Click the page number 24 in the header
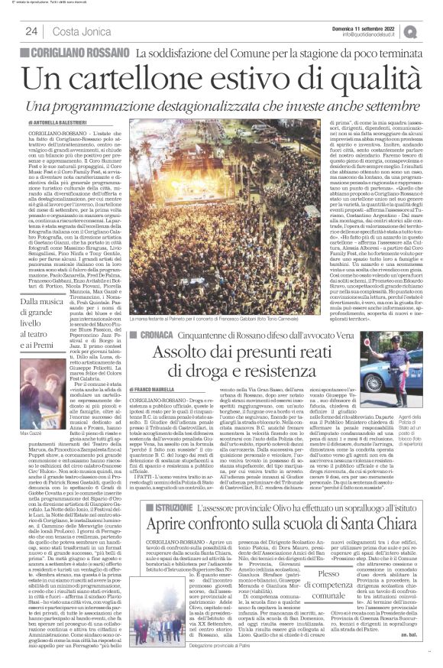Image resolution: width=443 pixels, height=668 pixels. point(31,31)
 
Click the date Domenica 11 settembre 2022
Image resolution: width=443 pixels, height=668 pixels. point(374,25)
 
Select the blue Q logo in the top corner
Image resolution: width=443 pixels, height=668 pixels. point(432,30)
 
